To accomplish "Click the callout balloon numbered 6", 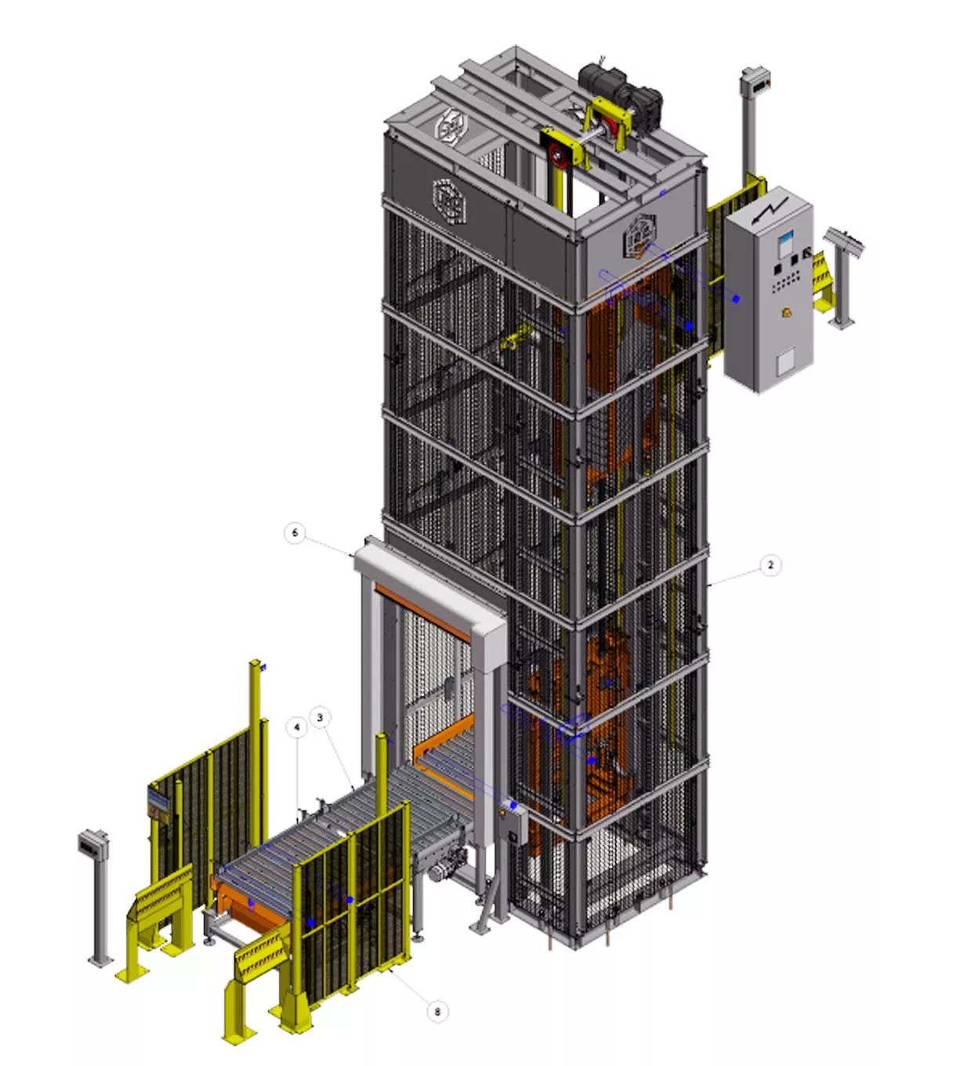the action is pyautogui.click(x=295, y=532).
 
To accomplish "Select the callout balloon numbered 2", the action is pyautogui.click(x=770, y=565).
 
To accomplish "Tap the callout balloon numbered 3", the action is pyautogui.click(x=320, y=717).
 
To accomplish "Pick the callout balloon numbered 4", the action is pyautogui.click(x=296, y=727).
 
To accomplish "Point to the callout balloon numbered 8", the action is pyautogui.click(x=437, y=997).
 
